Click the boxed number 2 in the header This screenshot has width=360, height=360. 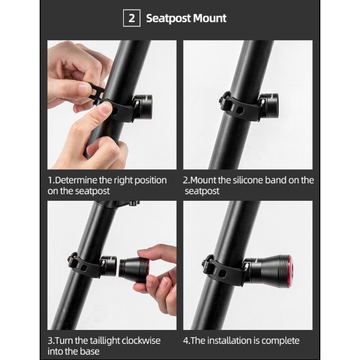pos(132,18)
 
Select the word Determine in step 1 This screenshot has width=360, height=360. pos(76,180)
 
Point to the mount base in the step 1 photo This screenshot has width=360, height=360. pos(143,107)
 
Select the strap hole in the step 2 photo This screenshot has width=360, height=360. pos(240,110)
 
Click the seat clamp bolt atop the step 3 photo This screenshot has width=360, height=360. pos(134,203)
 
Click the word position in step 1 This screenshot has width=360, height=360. pos(150,181)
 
